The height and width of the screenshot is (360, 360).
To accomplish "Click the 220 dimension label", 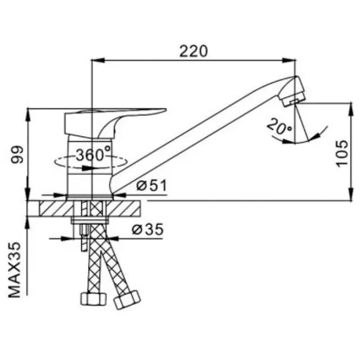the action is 193,51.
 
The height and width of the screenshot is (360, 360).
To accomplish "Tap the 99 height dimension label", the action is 17,155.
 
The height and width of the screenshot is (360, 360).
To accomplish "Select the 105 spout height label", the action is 342,153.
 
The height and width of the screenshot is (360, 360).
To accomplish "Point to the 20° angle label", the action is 279,127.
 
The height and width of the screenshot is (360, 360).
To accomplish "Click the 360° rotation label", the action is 93,154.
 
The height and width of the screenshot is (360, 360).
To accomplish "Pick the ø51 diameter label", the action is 151,185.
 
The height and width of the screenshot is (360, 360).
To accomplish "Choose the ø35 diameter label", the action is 148,229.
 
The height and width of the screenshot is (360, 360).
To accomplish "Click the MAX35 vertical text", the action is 14,270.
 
